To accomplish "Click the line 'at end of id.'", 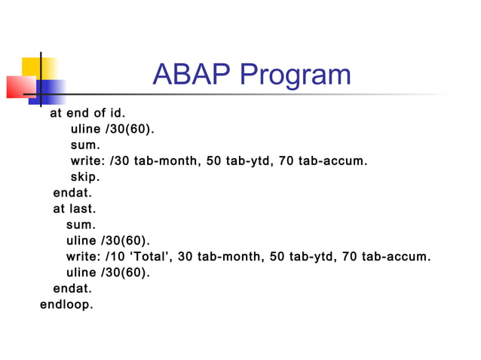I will click(87, 114).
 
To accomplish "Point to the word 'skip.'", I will click(84, 177).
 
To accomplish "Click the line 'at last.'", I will click(74, 209).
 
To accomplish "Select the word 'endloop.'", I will click(66, 304).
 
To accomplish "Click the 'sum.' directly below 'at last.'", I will click(81, 224).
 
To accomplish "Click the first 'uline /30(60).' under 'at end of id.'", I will click(112, 129).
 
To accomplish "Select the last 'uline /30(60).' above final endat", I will click(108, 273).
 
